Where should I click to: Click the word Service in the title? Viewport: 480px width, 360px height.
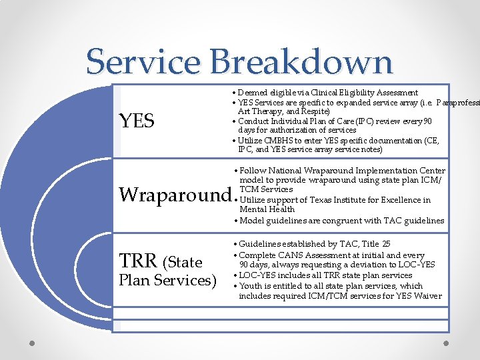(143, 61)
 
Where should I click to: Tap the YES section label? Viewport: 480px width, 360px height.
(136, 121)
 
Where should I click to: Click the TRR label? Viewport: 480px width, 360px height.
(138, 261)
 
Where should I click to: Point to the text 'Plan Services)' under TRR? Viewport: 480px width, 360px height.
(167, 280)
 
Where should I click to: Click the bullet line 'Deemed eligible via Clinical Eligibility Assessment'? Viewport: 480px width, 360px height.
(328, 93)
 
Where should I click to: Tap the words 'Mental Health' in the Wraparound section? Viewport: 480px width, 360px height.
(267, 209)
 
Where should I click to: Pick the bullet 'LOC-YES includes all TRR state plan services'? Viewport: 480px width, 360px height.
(325, 275)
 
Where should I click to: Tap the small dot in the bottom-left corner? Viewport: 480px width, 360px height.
(31, 343)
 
